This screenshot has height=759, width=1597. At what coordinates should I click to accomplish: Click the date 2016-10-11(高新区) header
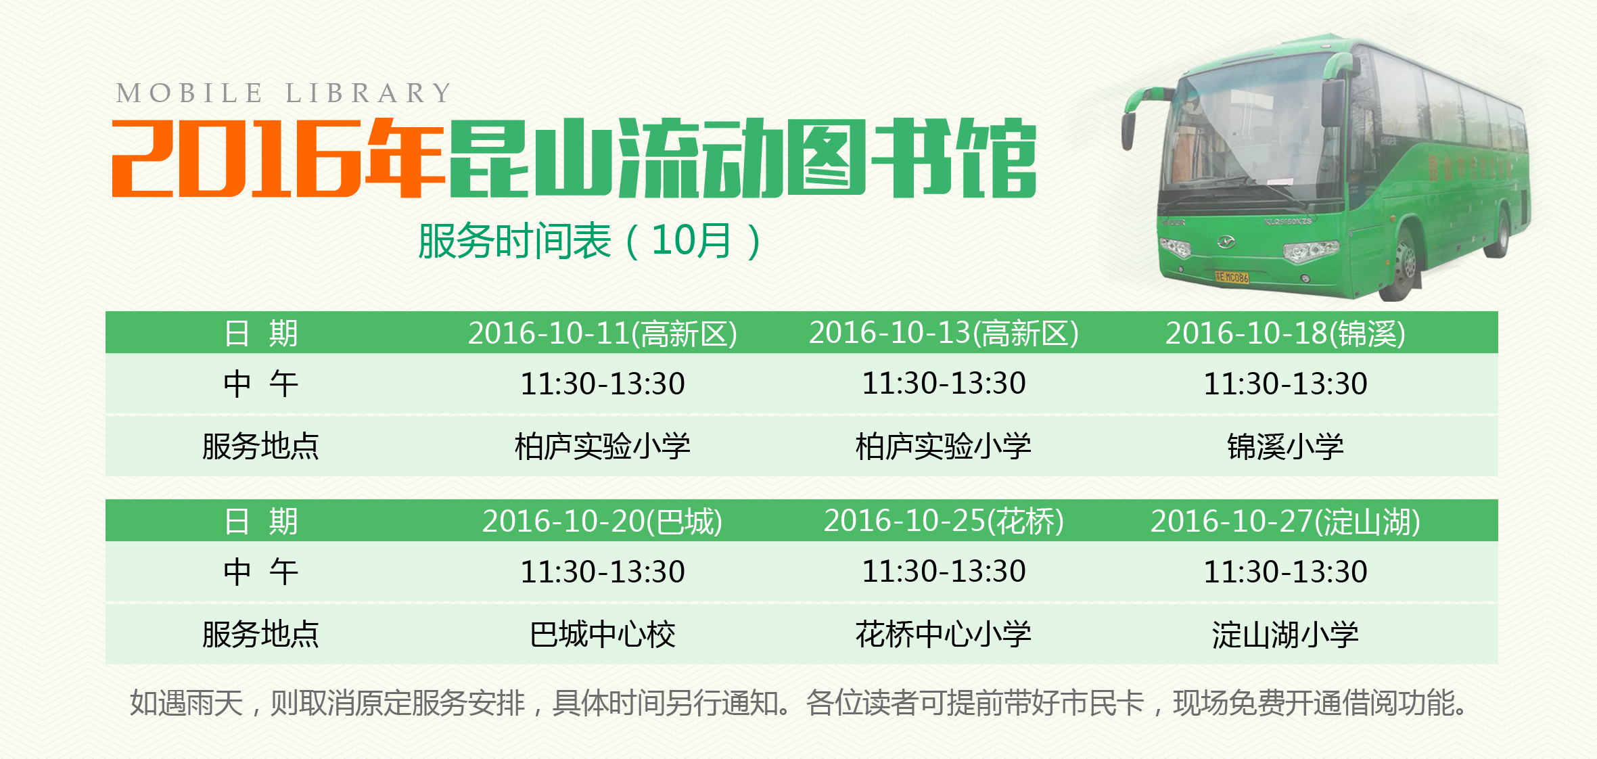point(603,333)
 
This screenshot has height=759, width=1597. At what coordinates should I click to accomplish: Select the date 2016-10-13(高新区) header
point(944,333)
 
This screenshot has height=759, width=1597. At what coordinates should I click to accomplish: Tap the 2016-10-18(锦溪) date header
point(1285,333)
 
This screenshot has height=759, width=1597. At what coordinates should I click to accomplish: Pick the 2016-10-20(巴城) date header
point(603,522)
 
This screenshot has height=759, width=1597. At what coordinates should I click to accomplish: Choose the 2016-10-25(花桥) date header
point(944,521)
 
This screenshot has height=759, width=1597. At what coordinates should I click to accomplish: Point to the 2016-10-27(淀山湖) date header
point(1285,522)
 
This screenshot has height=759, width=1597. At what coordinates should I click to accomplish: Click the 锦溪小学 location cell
point(1285,446)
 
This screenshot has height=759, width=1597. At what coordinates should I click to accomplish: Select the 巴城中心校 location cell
point(603,635)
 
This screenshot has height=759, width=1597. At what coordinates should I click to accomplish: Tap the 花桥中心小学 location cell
point(944,634)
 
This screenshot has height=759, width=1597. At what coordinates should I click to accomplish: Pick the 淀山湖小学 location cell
point(1285,635)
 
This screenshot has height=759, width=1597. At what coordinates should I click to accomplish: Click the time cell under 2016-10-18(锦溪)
point(1285,384)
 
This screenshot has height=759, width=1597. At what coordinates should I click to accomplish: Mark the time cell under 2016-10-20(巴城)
point(603,572)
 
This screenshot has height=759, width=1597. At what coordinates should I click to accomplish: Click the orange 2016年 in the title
point(277,158)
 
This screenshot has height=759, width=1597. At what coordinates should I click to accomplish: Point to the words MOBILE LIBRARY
point(284,93)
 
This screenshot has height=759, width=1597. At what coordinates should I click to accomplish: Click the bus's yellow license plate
point(1232,277)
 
